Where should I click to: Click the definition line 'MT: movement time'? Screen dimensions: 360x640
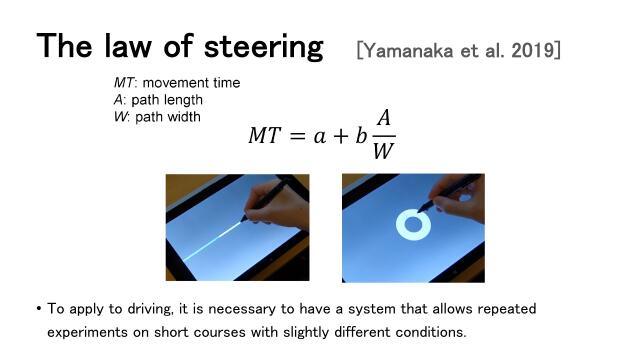tap(176, 82)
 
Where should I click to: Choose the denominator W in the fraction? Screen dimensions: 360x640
tap(382, 153)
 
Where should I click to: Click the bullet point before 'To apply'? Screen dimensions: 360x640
tap(38, 309)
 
